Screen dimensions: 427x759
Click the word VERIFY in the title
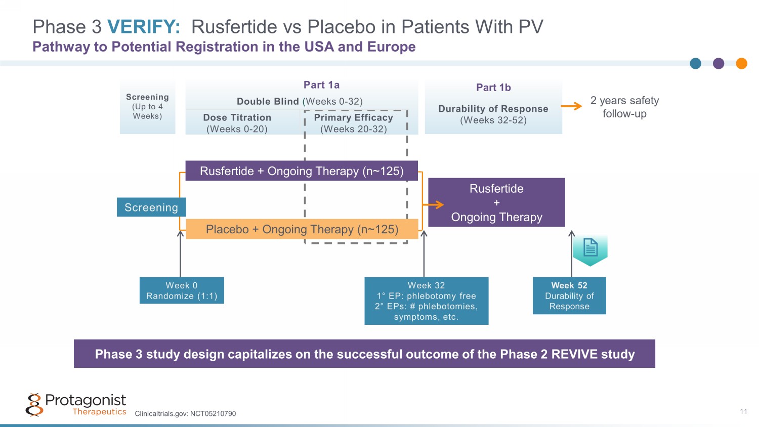click(x=144, y=27)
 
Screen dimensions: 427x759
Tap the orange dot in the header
click(x=741, y=63)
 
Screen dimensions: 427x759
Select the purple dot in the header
click(x=719, y=63)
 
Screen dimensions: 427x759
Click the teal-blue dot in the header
click(x=696, y=63)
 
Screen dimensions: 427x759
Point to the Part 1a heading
click(x=321, y=85)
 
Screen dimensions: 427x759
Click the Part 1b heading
click(x=493, y=88)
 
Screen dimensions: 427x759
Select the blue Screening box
click(x=151, y=207)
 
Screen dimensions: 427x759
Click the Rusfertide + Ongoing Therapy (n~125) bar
click(x=302, y=171)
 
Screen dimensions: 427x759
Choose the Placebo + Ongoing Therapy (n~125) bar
click(x=302, y=229)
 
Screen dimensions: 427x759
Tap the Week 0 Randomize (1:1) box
click(x=182, y=290)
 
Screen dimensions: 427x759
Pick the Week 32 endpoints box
click(x=427, y=301)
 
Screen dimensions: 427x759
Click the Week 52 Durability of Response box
click(x=569, y=296)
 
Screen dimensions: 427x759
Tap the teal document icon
click(x=590, y=249)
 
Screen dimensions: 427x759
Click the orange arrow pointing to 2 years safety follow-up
click(x=572, y=106)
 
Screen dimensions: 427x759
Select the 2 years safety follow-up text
click(x=624, y=107)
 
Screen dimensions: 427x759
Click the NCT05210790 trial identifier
click(x=213, y=414)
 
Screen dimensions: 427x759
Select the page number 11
click(x=743, y=411)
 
